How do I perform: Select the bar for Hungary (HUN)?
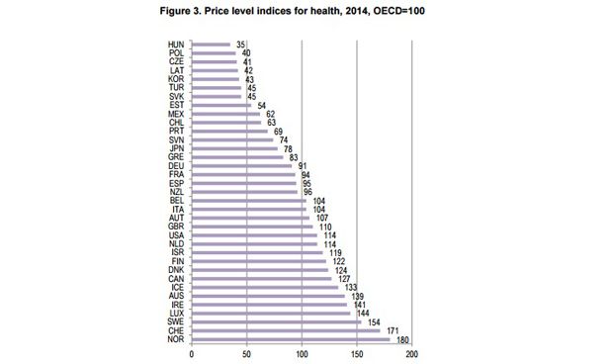[x=211, y=44]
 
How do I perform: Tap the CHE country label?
[x=176, y=330]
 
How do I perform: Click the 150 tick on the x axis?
[x=357, y=353]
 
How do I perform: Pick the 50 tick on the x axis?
[x=246, y=353]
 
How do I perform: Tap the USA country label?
[x=176, y=234]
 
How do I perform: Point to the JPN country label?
[x=176, y=147]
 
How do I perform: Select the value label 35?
[x=238, y=44]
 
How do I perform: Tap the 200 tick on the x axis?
[x=412, y=353]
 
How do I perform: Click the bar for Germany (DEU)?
[x=241, y=165]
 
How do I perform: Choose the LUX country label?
[x=176, y=313]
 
